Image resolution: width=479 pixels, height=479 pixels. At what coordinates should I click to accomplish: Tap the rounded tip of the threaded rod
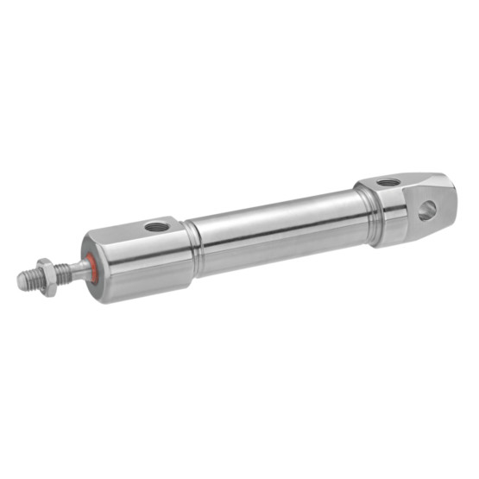point(21,281)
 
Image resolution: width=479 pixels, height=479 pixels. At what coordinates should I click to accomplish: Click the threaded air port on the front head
point(156,227)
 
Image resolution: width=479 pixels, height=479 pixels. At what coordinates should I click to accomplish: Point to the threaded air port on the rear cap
point(388,182)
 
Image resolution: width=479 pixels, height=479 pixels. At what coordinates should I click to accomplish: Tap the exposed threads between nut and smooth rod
point(62,273)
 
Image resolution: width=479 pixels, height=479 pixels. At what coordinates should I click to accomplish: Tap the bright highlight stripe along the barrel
point(276,216)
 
